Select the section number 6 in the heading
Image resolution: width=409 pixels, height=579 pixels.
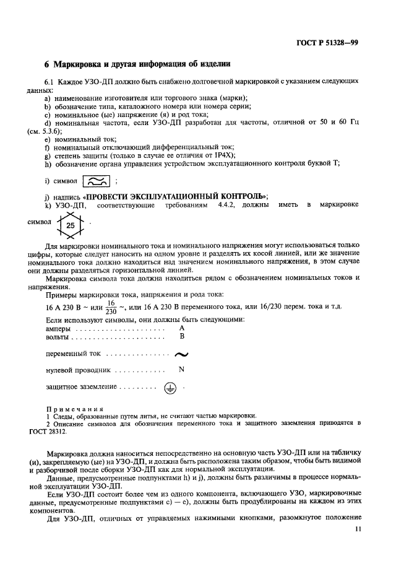tap(47, 64)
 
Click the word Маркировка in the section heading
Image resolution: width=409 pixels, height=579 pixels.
tap(79, 64)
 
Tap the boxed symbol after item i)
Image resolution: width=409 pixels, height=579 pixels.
tap(97, 180)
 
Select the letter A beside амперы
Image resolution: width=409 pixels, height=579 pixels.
tap(181, 328)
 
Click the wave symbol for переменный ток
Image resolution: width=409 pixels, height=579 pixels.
tap(181, 354)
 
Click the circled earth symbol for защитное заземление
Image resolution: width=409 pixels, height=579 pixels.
tap(170, 388)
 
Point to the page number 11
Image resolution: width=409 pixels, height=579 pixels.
tap(359, 529)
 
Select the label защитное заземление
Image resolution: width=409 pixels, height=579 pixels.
tap(81, 387)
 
